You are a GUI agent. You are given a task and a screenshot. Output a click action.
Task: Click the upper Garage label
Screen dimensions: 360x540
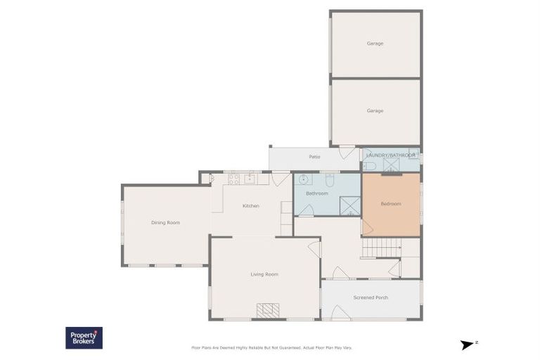[375, 44]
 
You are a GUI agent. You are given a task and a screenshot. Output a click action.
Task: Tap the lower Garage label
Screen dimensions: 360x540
[375, 110]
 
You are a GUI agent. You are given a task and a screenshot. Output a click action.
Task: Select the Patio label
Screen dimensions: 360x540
[314, 157]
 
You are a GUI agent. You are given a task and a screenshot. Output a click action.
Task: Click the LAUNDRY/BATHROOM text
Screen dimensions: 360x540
[390, 155]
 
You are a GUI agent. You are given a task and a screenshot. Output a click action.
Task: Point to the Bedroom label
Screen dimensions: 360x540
[390, 204]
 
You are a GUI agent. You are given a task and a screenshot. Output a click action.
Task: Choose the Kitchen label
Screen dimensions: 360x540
[251, 206]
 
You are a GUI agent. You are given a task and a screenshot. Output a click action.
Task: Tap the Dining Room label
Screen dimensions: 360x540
[165, 223]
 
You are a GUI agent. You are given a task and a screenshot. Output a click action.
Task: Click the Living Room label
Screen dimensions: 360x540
[264, 274]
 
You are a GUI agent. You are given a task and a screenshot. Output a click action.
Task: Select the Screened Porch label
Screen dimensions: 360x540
[371, 297]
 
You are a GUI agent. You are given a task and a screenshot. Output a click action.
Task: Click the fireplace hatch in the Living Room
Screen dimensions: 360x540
[267, 310]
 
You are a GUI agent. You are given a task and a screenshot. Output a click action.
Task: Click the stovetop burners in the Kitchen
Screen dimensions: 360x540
[233, 179]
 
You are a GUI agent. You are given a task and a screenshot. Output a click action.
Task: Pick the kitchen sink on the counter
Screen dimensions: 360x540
[250, 179]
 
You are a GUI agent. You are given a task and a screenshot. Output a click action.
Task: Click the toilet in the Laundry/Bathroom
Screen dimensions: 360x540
[370, 166]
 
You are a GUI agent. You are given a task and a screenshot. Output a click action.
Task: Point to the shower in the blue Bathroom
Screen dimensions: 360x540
[349, 206]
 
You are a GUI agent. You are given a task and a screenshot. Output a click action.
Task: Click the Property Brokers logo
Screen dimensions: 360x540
[84, 337]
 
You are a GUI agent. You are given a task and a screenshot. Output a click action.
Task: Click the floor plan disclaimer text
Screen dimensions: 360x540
[271, 347]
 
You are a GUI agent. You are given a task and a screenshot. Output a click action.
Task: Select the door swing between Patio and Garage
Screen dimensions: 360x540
[347, 152]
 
